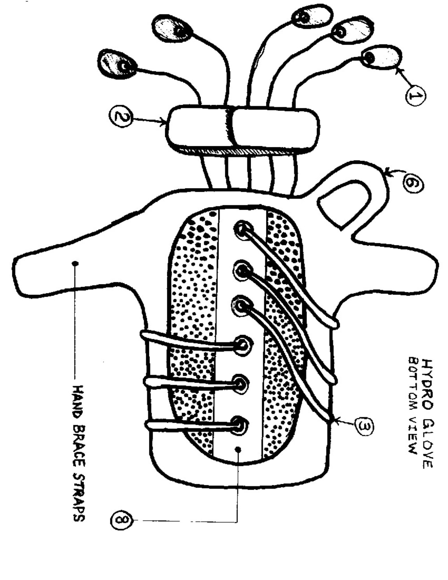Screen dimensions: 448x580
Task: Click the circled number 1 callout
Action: [x=416, y=95]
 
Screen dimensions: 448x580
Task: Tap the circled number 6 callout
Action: [x=413, y=183]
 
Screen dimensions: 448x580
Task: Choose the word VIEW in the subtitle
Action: [x=414, y=435]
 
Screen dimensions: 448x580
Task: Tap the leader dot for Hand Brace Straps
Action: [x=75, y=263]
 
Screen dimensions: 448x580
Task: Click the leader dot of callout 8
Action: [x=238, y=449]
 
